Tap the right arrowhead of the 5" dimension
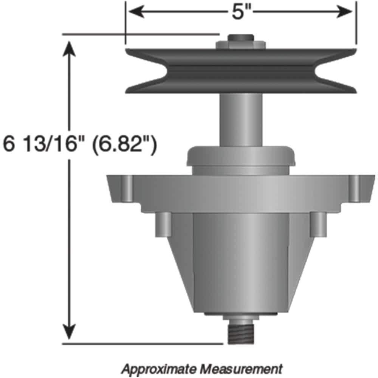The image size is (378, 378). [x=347, y=12]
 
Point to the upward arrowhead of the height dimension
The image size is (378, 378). [x=69, y=47]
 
